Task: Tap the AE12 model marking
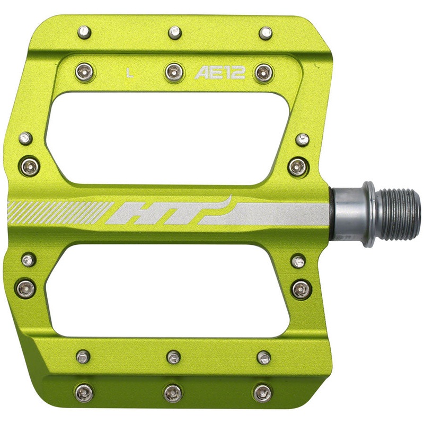point(220,73)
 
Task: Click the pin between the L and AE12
point(173,72)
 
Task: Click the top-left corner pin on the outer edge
point(84,32)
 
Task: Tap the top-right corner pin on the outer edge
point(266,33)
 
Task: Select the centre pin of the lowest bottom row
point(173,392)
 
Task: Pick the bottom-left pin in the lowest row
point(84,392)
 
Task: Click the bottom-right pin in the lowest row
point(263,392)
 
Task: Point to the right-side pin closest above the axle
point(297,167)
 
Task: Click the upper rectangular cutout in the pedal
point(170,138)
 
